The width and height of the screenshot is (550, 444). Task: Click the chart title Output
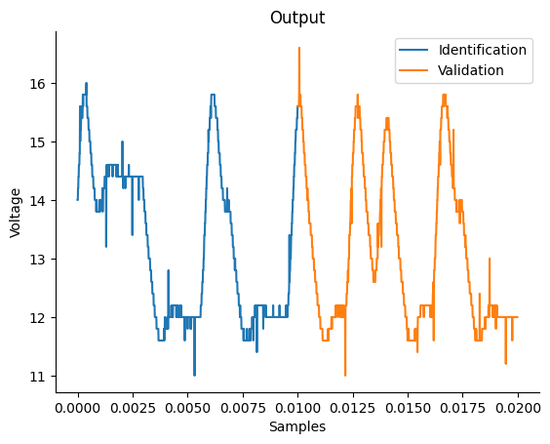point(297,18)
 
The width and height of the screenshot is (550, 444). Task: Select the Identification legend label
point(483,50)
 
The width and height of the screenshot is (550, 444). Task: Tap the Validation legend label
point(471,70)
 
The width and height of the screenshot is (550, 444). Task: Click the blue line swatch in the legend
point(413,50)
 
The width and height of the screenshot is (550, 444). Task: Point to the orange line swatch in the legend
point(413,70)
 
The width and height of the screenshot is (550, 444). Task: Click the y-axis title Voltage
point(16,213)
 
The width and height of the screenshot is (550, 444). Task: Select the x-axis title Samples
point(297,426)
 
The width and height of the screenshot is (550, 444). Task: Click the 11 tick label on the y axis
point(38,377)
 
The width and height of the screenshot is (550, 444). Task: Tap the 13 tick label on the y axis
point(38,259)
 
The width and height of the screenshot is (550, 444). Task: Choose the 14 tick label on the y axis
point(38,200)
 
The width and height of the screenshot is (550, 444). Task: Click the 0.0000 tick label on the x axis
point(78,408)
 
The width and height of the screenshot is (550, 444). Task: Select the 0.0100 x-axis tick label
point(297,408)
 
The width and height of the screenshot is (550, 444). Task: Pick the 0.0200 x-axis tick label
point(518,408)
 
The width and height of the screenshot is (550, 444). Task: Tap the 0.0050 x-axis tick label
point(188,408)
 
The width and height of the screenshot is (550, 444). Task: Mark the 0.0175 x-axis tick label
point(462,408)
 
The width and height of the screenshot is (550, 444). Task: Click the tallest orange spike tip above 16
point(299,48)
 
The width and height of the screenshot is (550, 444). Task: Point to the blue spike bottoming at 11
point(194,376)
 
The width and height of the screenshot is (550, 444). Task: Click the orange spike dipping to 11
point(345,376)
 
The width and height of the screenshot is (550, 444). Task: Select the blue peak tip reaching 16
point(86,84)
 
